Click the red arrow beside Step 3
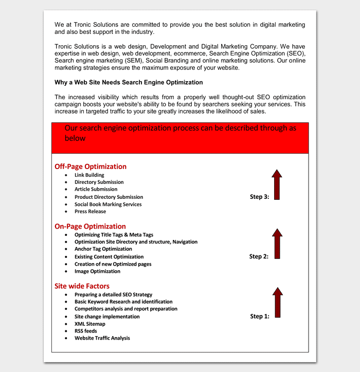(277, 184)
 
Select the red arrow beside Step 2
(277, 244)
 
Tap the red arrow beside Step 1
(277, 303)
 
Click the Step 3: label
(259, 197)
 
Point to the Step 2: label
(259, 256)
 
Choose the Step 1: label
(260, 317)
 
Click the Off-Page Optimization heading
(91, 166)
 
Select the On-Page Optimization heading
(90, 226)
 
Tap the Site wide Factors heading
(82, 286)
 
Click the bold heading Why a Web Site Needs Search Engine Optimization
(129, 82)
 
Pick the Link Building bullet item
(89, 175)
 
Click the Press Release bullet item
(90, 211)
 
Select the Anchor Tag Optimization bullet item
(103, 249)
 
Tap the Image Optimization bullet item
(97, 271)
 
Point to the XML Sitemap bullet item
(89, 324)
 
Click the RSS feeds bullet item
(85, 331)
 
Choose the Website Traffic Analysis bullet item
(102, 338)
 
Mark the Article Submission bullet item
(96, 189)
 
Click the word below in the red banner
(75, 138)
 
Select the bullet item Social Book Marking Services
(108, 204)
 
